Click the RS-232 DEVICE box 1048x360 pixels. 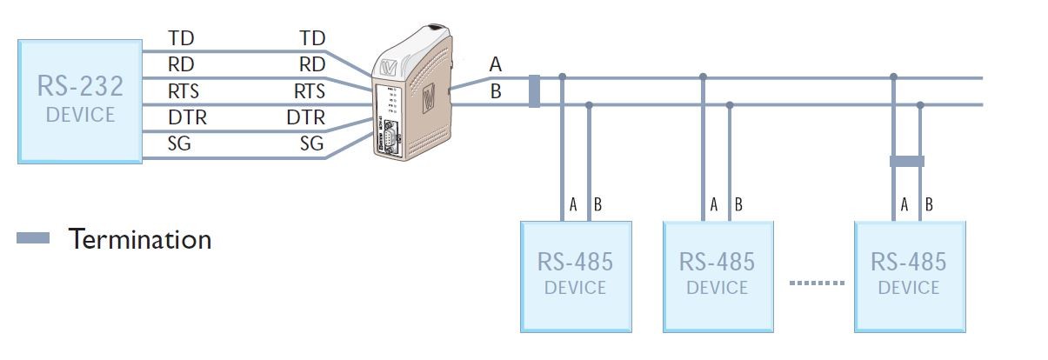(80, 100)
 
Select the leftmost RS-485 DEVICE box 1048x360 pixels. (575, 276)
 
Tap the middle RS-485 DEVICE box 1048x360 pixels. (718, 276)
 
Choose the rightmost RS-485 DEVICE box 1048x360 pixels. (909, 276)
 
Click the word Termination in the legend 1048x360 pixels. (140, 238)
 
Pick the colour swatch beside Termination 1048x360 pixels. (34, 238)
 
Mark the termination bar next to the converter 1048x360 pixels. (534, 91)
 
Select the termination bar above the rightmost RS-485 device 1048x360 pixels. (906, 161)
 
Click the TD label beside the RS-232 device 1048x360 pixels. (181, 38)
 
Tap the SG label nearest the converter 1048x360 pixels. (311, 143)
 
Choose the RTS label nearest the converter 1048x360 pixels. (309, 91)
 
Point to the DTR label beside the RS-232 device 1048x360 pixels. (187, 117)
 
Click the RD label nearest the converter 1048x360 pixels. (311, 64)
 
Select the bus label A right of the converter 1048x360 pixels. (496, 63)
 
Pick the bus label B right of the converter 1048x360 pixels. (496, 90)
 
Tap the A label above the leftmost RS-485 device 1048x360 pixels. (573, 205)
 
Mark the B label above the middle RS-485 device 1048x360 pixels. (738, 205)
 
